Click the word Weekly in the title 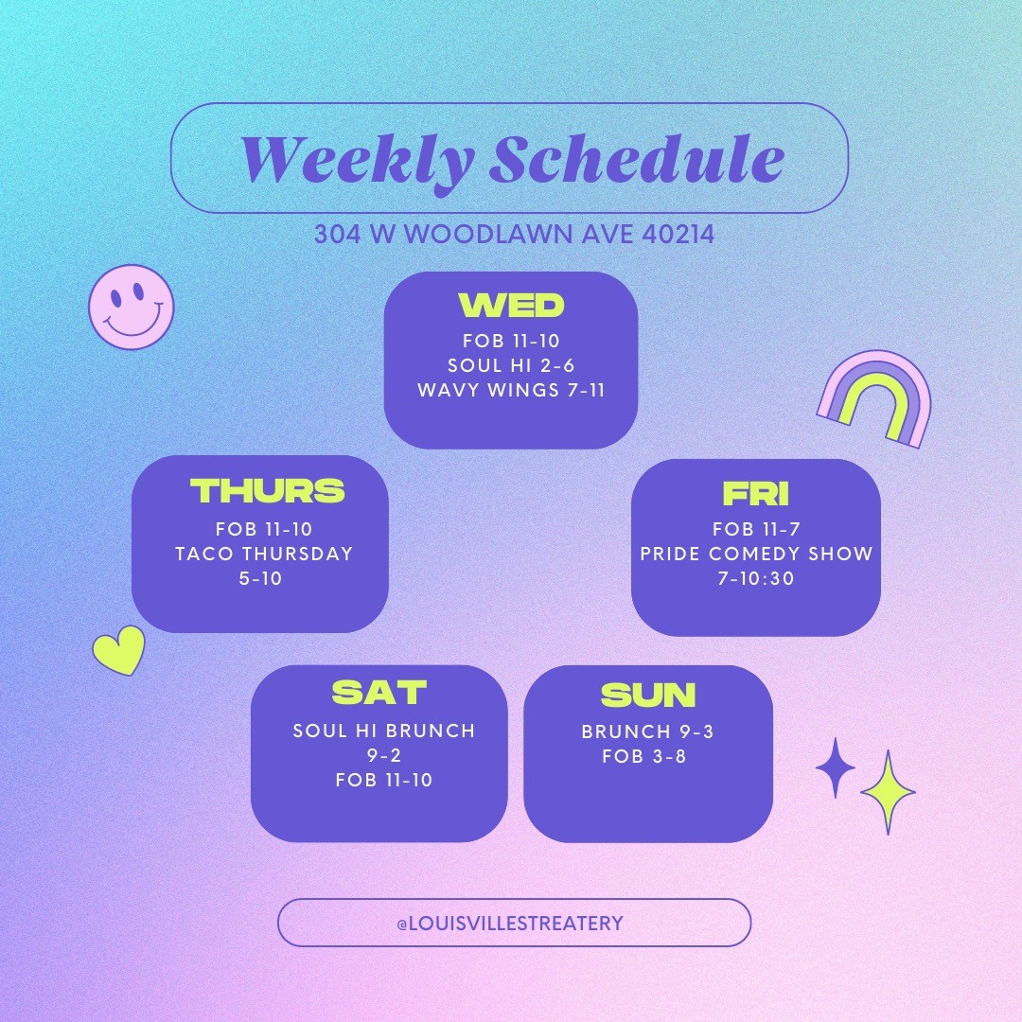(x=357, y=161)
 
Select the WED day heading (x=511, y=305)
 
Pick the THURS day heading (x=267, y=491)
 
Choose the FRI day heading (x=756, y=493)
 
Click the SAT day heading (x=379, y=692)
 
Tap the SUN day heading (x=648, y=695)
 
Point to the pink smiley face (x=132, y=307)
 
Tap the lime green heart (x=119, y=649)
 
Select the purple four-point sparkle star (x=836, y=767)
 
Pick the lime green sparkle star (x=888, y=792)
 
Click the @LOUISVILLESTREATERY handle (x=510, y=923)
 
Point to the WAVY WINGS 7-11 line (x=511, y=390)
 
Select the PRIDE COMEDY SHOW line (x=756, y=554)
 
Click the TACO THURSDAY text (x=264, y=554)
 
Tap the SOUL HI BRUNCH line (x=384, y=731)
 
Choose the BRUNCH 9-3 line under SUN (x=647, y=731)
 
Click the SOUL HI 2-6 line (x=511, y=365)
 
